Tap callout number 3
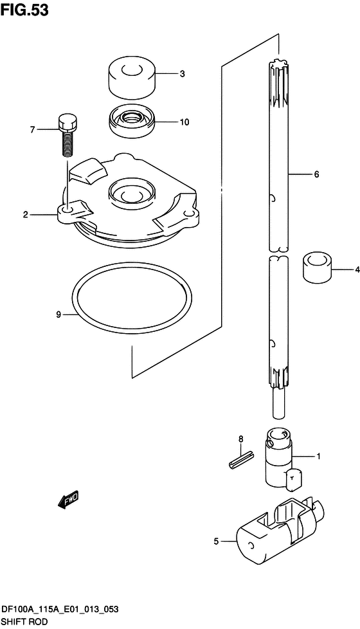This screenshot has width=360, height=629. pyautogui.click(x=182, y=74)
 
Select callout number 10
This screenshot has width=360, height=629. pyautogui.click(x=184, y=122)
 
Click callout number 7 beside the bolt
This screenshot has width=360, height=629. pyautogui.click(x=31, y=129)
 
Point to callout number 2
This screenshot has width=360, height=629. pyautogui.click(x=26, y=214)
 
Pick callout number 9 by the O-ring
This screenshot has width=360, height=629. pyautogui.click(x=58, y=314)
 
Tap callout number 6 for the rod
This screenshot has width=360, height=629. pyautogui.click(x=316, y=174)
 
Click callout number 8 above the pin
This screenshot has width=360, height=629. pyautogui.click(x=242, y=439)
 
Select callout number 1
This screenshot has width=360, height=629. pyautogui.click(x=317, y=457)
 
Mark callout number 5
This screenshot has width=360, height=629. pyautogui.click(x=216, y=542)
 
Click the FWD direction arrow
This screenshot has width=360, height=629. pyautogui.click(x=67, y=499)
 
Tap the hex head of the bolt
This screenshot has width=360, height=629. pyautogui.click(x=67, y=122)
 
